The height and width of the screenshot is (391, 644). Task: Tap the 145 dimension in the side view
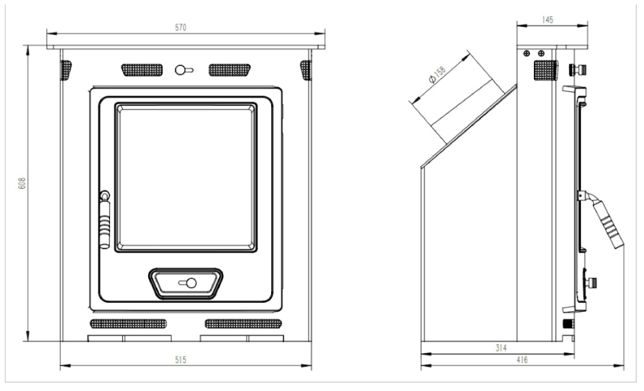point(548,21)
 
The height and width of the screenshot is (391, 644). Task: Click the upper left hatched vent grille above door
point(142,70)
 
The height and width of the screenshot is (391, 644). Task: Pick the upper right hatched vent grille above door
point(229,70)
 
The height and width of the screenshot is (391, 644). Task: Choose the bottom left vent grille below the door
point(129,323)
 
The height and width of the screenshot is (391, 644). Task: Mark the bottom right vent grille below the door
point(243,323)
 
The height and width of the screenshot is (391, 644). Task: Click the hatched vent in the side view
point(545,70)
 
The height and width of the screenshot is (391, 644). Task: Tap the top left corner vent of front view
point(66,70)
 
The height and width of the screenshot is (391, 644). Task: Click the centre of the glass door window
point(185,176)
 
